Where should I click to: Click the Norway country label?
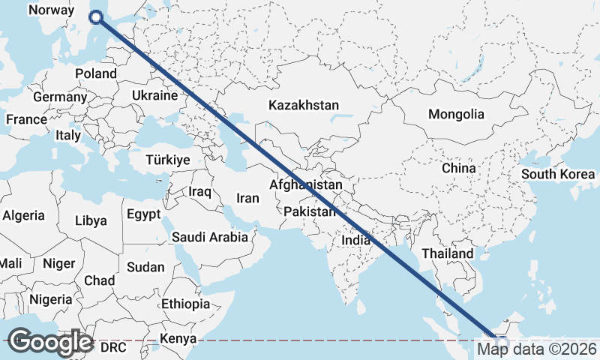click(x=51, y=10)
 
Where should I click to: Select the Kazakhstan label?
click(x=304, y=106)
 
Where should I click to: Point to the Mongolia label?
click(x=456, y=115)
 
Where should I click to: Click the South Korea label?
click(x=558, y=174)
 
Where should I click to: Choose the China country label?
click(x=459, y=169)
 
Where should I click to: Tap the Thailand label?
click(x=448, y=253)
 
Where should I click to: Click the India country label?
click(x=356, y=241)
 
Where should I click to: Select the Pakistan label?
click(x=309, y=212)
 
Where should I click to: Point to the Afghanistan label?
click(x=305, y=185)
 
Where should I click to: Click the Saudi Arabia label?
click(x=210, y=238)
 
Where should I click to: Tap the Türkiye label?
click(x=168, y=160)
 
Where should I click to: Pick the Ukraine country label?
click(x=154, y=96)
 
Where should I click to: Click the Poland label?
click(x=96, y=73)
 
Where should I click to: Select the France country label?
click(x=26, y=119)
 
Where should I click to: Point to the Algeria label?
click(x=24, y=215)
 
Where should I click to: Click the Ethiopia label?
click(x=185, y=304)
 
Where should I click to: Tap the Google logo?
click(x=49, y=341)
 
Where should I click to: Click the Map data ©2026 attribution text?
click(x=537, y=349)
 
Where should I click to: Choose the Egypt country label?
click(x=143, y=214)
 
